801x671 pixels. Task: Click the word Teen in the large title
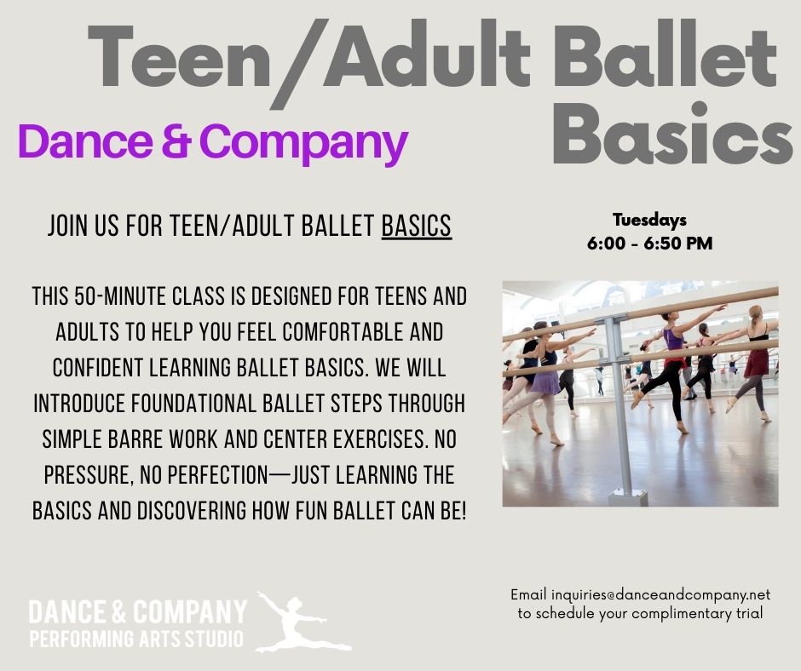(x=179, y=56)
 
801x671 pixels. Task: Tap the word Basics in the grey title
(x=673, y=134)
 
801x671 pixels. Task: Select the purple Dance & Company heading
(x=213, y=142)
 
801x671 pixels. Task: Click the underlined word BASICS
(x=417, y=226)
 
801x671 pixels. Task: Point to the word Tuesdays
(x=649, y=220)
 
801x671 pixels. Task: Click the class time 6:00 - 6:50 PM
(x=649, y=243)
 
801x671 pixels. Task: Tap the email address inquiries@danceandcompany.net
(x=660, y=595)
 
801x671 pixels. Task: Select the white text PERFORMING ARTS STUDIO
(x=136, y=639)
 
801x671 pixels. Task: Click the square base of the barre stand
(x=628, y=497)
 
